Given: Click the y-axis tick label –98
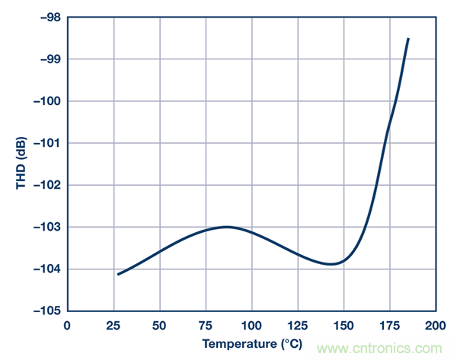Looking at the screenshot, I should click(46, 17).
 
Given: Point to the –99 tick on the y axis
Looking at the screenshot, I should click(46, 59).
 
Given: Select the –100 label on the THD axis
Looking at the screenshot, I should click(43, 100).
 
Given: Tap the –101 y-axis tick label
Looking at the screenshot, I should click(43, 142).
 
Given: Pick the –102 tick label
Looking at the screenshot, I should click(43, 184).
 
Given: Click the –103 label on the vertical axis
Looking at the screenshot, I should click(43, 227).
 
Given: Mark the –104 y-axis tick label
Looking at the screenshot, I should click(43, 269).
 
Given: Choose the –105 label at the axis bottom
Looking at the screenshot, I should click(43, 311).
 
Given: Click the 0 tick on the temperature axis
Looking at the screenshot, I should click(68, 326).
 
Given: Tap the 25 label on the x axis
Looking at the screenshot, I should click(113, 326).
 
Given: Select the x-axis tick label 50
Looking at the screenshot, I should click(160, 326).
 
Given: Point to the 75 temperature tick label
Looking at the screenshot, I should click(206, 326).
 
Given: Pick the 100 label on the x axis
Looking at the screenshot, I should click(252, 326).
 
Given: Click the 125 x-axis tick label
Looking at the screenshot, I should click(298, 326).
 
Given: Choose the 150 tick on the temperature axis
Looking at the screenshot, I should click(344, 326).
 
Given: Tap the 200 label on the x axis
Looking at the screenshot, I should click(436, 326).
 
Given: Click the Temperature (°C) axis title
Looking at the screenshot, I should click(251, 345).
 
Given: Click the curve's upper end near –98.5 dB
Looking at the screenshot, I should click(408, 39).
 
